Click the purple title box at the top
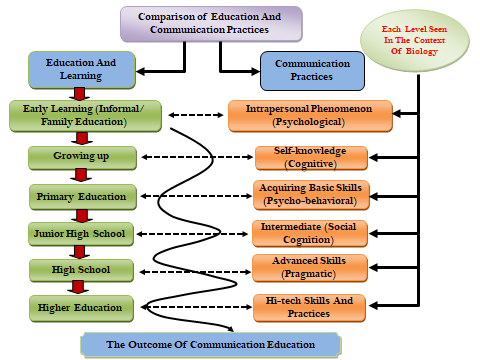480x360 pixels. pyautogui.click(x=211, y=24)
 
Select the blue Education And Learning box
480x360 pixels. pyautogui.click(x=82, y=70)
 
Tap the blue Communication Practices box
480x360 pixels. pyautogui.click(x=312, y=71)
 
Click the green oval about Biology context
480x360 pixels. pyautogui.click(x=414, y=41)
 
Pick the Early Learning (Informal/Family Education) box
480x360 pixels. pyautogui.click(x=85, y=116)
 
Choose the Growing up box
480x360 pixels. pyautogui.click(x=82, y=158)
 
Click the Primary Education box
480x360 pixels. pyautogui.click(x=83, y=197)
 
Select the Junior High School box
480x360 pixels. pyautogui.click(x=81, y=234)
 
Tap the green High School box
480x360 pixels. pyautogui.click(x=81, y=270)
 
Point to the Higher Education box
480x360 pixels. pyautogui.click(x=81, y=308)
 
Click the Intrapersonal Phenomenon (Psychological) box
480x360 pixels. pyautogui.click(x=310, y=116)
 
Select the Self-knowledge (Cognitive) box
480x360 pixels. pyautogui.click(x=311, y=158)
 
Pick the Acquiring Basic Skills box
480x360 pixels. pyautogui.click(x=311, y=195)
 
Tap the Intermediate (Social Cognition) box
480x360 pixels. pyautogui.click(x=310, y=233)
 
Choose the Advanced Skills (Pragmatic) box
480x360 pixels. pyautogui.click(x=310, y=268)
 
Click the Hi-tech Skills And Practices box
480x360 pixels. pyautogui.click(x=309, y=308)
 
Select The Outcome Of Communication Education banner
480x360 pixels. pyautogui.click(x=211, y=345)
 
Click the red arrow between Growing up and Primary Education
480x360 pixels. pyautogui.click(x=81, y=175)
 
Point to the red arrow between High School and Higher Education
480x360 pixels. pyautogui.click(x=78, y=287)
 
